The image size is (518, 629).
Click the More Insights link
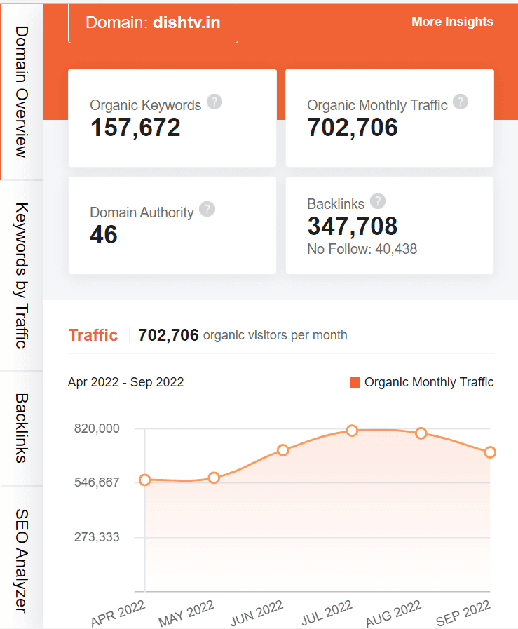pyautogui.click(x=452, y=22)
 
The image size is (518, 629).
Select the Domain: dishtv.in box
pyautogui.click(x=153, y=22)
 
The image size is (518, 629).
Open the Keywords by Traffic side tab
pyautogui.click(x=22, y=275)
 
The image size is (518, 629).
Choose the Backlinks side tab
pyautogui.click(x=22, y=428)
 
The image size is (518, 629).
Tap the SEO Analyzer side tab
pyautogui.click(x=22, y=557)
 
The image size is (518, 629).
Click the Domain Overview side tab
pyautogui.click(x=22, y=91)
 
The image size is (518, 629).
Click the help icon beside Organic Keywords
pyautogui.click(x=215, y=102)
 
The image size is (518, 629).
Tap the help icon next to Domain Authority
pyautogui.click(x=207, y=209)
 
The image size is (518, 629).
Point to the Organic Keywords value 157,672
pyautogui.click(x=135, y=127)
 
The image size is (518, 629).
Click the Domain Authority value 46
pyautogui.click(x=104, y=234)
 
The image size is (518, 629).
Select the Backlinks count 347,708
pyautogui.click(x=353, y=226)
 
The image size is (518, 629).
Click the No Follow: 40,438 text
pyautogui.click(x=362, y=249)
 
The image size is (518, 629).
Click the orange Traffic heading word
pyautogui.click(x=93, y=335)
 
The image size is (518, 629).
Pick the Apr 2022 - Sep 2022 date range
pyautogui.click(x=126, y=382)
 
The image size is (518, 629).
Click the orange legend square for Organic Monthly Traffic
pyautogui.click(x=355, y=382)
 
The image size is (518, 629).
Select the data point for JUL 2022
pyautogui.click(x=352, y=431)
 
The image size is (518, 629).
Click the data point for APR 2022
pyautogui.click(x=145, y=480)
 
